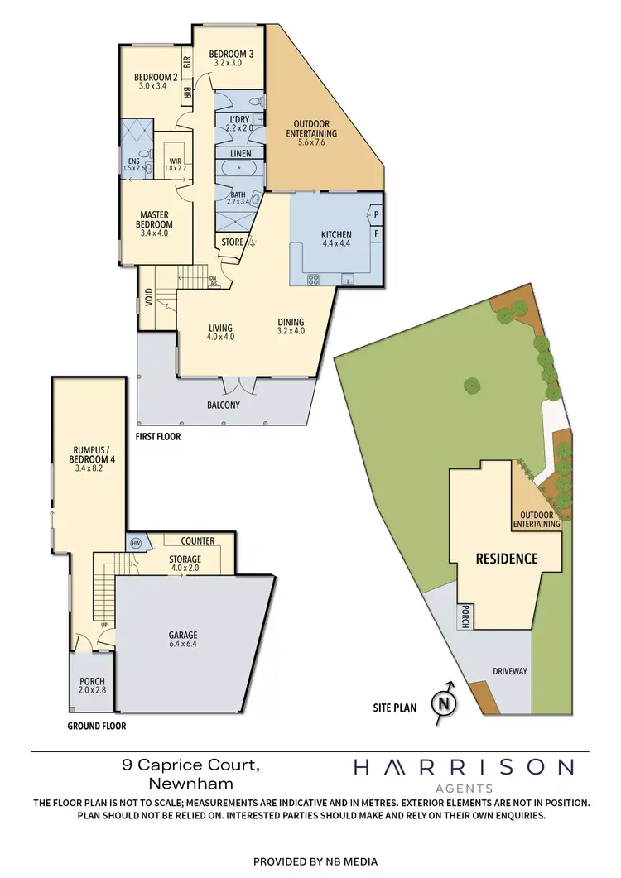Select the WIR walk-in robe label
[x=175, y=162]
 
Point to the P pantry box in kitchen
[x=376, y=214]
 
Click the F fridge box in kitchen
[x=376, y=234]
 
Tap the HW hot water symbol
[x=137, y=543]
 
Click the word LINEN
[x=241, y=154]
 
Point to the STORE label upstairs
[x=233, y=242]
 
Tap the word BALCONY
[x=224, y=405]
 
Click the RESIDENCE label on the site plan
[x=506, y=559]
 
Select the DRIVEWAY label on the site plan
[x=509, y=670]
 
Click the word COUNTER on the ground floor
[x=197, y=541]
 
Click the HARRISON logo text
[x=464, y=768]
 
